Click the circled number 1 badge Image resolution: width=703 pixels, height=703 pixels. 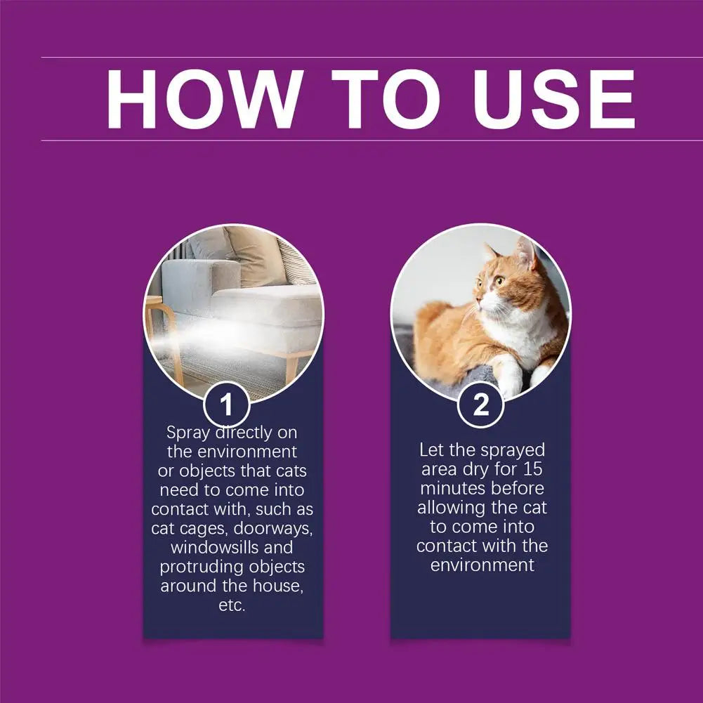click(x=226, y=405)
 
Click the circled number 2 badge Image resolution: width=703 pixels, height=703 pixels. click(x=480, y=405)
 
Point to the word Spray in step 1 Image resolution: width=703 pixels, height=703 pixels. click(x=188, y=432)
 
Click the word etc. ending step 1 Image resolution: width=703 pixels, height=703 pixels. click(x=232, y=605)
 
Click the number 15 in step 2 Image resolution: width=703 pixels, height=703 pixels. click(x=531, y=468)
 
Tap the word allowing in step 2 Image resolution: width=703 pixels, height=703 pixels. click(x=454, y=507)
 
